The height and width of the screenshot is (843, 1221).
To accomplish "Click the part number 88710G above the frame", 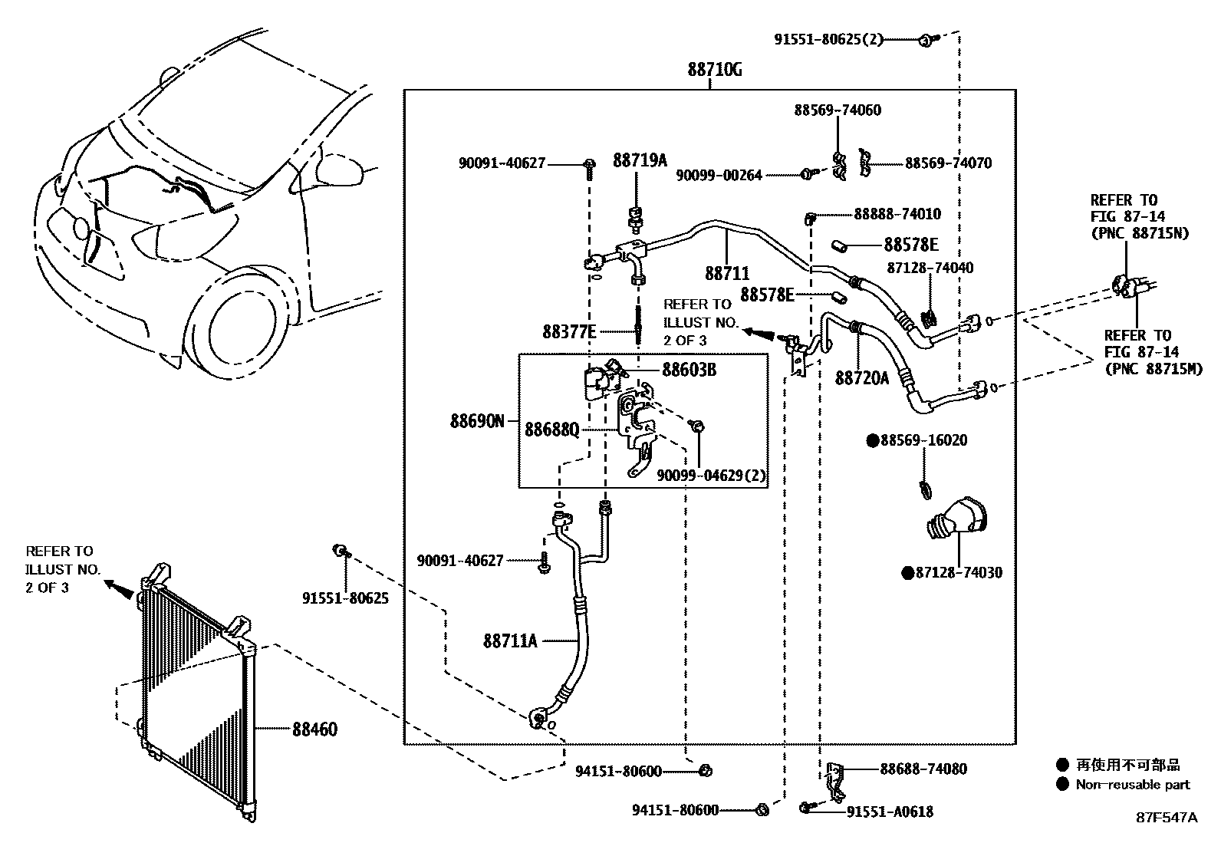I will (x=714, y=70).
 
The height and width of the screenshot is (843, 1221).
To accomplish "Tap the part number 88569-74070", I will (x=948, y=163).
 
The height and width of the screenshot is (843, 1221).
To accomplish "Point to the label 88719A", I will (x=640, y=160).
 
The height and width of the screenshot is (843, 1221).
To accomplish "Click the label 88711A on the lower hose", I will (x=510, y=640).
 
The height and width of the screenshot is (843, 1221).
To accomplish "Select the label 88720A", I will (x=861, y=377).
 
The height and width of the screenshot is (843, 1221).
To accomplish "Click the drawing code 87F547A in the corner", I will (x=1166, y=818).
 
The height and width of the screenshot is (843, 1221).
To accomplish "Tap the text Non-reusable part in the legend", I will (x=1132, y=784).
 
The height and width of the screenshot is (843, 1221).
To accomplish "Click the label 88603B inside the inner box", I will (x=689, y=370).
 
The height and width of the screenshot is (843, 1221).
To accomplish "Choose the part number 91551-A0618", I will (x=890, y=812).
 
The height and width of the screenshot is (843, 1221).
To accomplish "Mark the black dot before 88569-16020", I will (x=872, y=440).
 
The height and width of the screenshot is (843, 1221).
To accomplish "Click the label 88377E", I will (x=569, y=331).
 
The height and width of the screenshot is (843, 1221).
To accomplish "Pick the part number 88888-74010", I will (x=887, y=215).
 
